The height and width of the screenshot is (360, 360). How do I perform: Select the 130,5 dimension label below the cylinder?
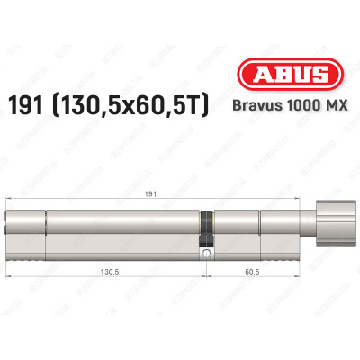point(106,268)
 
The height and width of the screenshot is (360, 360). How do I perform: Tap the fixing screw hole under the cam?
point(207,255)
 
